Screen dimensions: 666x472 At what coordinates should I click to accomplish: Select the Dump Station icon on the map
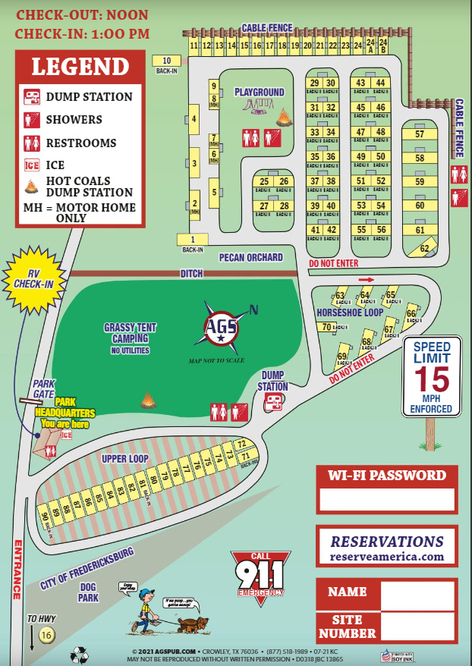[274, 401]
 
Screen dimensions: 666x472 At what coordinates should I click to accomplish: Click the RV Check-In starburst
[33, 281]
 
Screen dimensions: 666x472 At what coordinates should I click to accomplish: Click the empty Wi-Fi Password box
[387, 499]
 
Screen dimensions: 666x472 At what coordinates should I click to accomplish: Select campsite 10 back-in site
[167, 61]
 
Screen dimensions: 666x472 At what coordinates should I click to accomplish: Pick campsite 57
[420, 134]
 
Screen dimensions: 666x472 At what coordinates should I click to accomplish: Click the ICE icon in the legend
[32, 165]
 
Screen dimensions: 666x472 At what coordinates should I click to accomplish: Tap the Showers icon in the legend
[32, 119]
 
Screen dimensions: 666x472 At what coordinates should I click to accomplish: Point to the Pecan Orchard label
[250, 258]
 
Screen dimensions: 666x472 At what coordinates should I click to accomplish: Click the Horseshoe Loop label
[350, 313]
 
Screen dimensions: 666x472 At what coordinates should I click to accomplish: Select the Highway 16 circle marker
[47, 635]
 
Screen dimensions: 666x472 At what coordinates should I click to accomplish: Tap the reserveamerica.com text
[386, 557]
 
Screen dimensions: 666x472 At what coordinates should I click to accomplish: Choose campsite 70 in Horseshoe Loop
[326, 328]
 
